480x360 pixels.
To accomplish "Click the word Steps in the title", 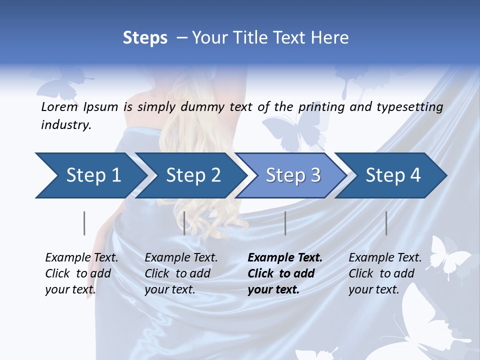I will click(145, 38).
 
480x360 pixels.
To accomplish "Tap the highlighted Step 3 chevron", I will click(293, 175).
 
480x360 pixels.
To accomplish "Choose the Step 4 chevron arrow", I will click(393, 175).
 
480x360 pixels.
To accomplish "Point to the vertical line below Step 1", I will click(84, 223).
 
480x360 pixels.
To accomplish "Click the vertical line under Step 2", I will click(184, 223).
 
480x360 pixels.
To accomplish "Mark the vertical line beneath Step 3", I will click(285, 223).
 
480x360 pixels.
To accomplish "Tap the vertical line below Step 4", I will click(386, 223).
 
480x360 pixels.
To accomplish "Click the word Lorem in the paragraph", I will click(59, 106).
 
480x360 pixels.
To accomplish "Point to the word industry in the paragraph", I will click(66, 125).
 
